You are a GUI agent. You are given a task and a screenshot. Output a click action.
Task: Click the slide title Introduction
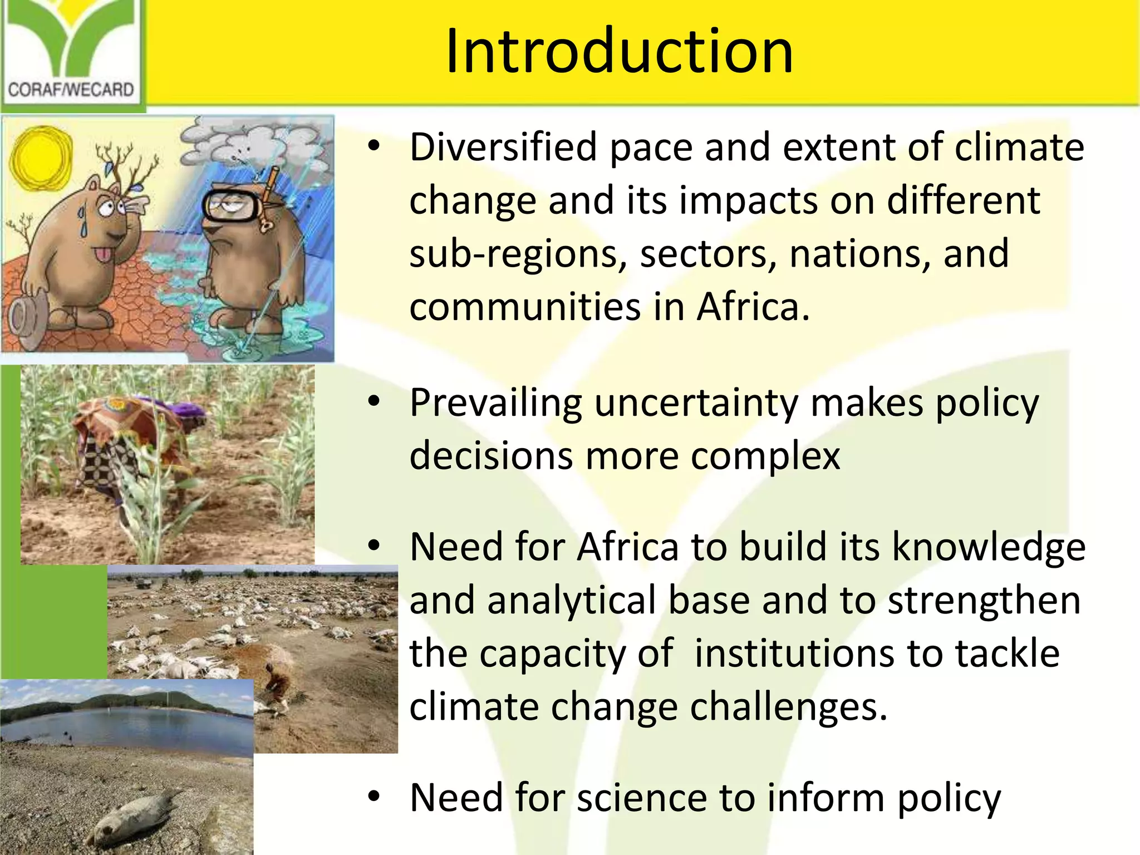[x=619, y=51]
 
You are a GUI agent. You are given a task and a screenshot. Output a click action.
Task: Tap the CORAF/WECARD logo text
[x=71, y=90]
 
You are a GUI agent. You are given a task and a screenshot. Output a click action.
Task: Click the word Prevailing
[x=495, y=403]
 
